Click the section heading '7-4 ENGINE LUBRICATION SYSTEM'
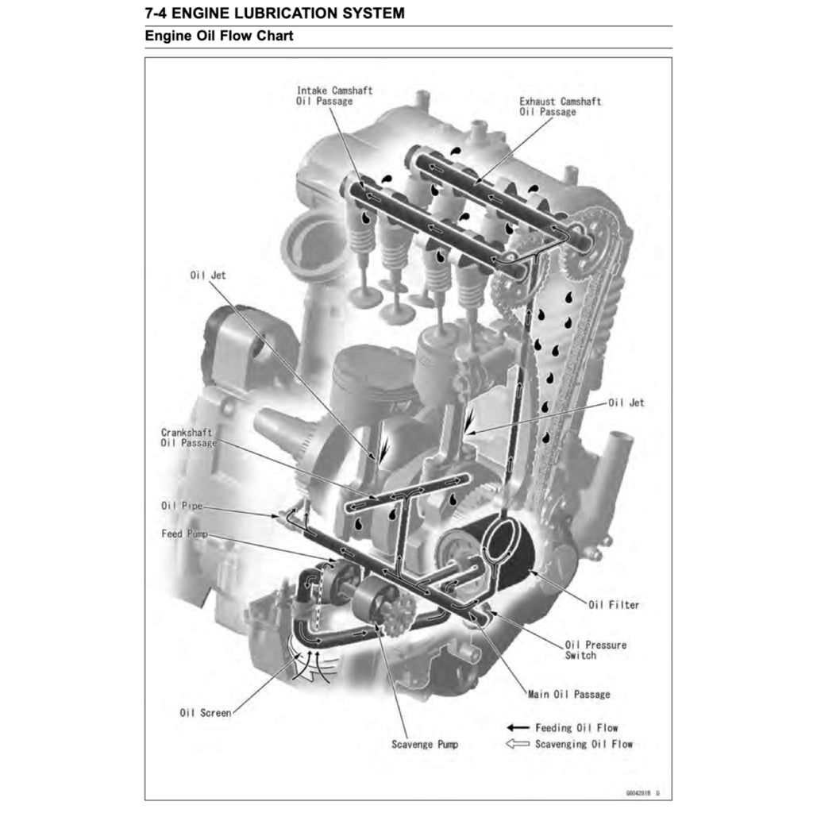[274, 13]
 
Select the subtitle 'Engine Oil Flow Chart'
[219, 37]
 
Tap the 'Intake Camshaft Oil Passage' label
[334, 96]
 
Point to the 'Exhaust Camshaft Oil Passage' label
[560, 106]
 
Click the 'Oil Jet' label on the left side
[207, 275]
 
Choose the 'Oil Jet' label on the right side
[626, 403]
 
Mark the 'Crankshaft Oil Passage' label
[188, 437]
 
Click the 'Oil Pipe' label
[181, 505]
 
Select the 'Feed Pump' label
[184, 534]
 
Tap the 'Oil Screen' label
[206, 712]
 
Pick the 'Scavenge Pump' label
[424, 744]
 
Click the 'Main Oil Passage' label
[568, 694]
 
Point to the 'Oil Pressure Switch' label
[595, 650]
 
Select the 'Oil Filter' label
[613, 605]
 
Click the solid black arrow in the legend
[518, 727]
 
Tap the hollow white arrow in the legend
[518, 744]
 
